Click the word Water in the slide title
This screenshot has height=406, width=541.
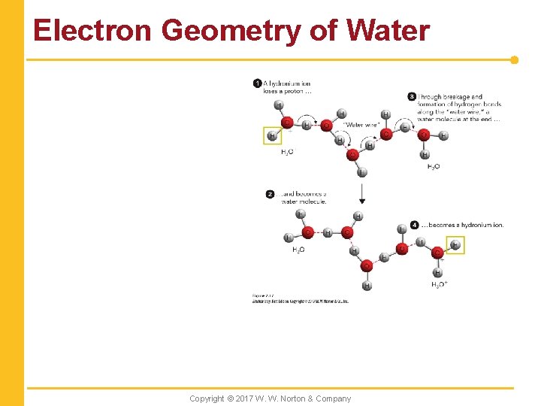point(388,31)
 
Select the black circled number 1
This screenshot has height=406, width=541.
point(257,83)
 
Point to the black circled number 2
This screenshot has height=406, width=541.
point(270,194)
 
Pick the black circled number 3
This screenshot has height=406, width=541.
point(412,96)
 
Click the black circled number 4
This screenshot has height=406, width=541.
point(415,225)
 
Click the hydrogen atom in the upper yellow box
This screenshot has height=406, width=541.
point(272,136)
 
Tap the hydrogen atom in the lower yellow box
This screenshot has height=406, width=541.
point(455,245)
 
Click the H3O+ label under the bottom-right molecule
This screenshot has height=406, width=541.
point(440,284)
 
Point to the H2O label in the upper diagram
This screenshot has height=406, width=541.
point(434,166)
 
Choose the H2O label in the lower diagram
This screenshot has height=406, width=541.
point(298,249)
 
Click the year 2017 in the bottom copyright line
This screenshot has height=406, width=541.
point(244,398)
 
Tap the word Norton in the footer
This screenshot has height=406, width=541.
point(301,398)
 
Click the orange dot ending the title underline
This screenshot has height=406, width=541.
point(514,59)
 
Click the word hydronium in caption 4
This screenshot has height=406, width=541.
point(470,225)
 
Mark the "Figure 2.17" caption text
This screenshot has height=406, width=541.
point(262,296)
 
